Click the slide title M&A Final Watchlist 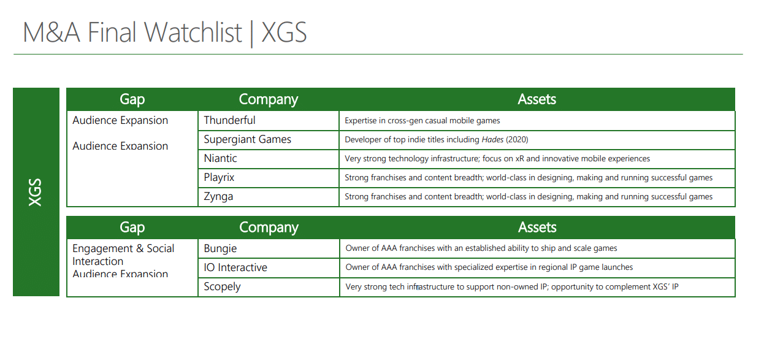(x=132, y=33)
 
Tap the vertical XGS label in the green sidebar (x=35, y=192)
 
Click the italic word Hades (x=492, y=140)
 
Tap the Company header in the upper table (x=269, y=99)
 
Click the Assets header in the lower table (x=537, y=228)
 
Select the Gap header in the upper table (x=132, y=99)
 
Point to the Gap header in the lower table (x=132, y=228)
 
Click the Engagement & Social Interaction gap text (x=123, y=255)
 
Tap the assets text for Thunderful (x=422, y=120)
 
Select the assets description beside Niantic (x=497, y=159)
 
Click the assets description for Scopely (x=512, y=286)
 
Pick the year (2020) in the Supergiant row (x=517, y=140)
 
